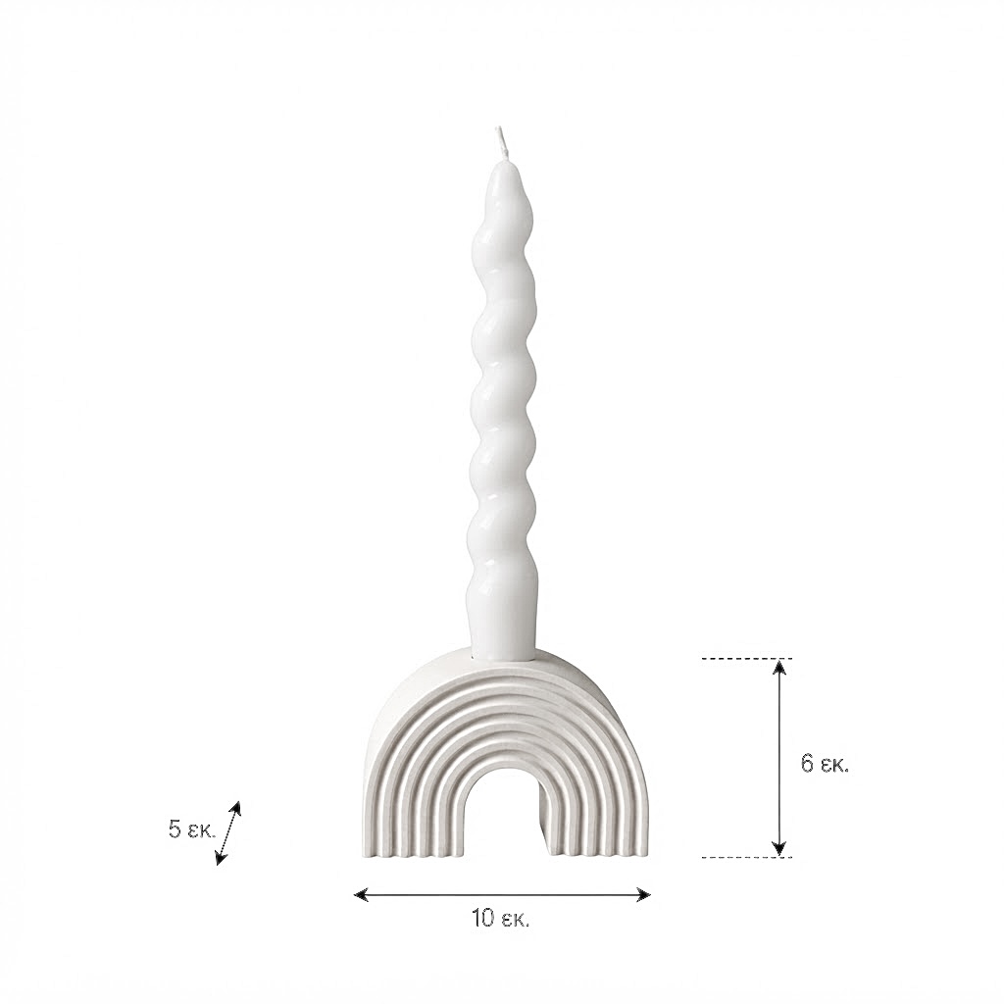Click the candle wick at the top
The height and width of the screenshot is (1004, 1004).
502,143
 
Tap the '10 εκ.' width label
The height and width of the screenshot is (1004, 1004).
501,919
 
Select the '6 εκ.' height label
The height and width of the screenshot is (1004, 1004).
825,763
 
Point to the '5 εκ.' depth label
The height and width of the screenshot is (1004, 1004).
192,829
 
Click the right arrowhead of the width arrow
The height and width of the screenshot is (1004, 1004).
643,894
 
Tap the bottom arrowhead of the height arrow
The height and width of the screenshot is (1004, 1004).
778,847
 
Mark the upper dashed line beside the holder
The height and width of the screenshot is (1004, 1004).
747,658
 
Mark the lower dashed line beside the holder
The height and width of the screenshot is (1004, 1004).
747,857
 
